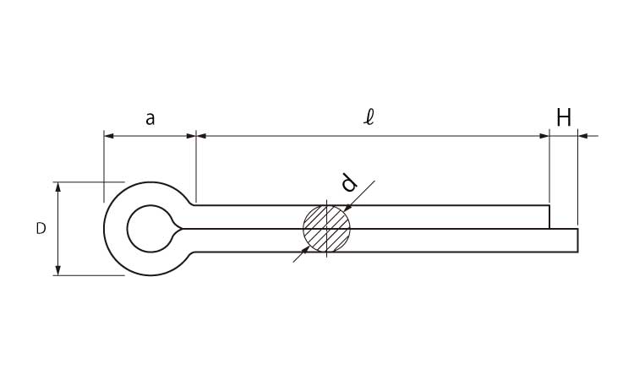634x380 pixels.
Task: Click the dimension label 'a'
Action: coord(150,118)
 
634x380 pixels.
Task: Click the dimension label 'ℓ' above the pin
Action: coord(369,117)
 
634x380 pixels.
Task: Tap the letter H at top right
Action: coord(564,117)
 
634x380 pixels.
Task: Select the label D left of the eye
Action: coord(41,228)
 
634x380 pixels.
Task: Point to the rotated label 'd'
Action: coord(348,183)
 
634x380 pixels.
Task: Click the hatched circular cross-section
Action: coord(326,228)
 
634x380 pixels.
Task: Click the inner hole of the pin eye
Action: coord(150,228)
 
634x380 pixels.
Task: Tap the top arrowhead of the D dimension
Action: coord(57,187)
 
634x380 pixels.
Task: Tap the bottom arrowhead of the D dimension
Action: coord(57,269)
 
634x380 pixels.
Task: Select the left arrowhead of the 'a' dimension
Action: coord(109,135)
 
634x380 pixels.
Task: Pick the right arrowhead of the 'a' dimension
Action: coord(190,135)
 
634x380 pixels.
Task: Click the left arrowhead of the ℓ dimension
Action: coord(201,135)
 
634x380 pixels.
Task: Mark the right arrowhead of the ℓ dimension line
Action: coord(544,135)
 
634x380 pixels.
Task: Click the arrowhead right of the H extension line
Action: coord(583,135)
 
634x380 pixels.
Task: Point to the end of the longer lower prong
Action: coord(577,240)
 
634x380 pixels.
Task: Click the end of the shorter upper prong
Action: coord(549,216)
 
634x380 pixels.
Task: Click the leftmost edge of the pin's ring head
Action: coord(105,228)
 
